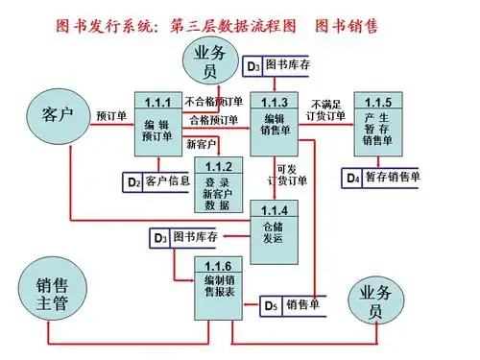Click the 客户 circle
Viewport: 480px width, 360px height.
click(58, 116)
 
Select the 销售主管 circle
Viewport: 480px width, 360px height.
click(53, 294)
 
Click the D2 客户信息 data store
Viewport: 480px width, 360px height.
click(158, 180)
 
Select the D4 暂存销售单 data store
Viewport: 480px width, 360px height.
click(382, 178)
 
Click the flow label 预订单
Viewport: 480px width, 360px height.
click(111, 116)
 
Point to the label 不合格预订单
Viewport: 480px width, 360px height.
click(213, 102)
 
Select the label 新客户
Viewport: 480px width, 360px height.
click(203, 143)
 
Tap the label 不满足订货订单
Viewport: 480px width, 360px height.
click(327, 109)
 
